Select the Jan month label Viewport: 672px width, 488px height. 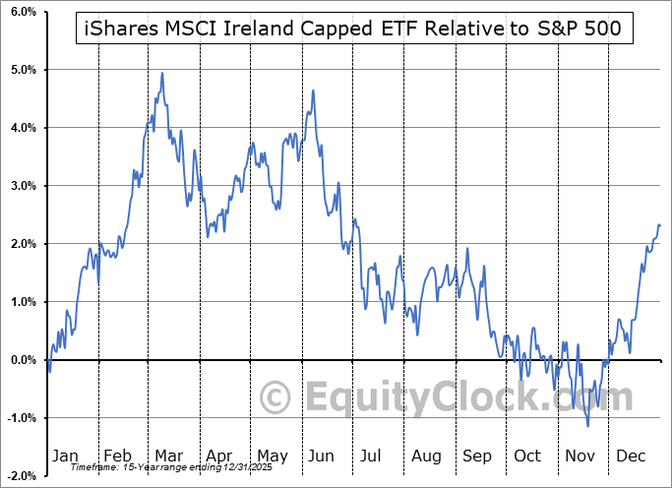pos(64,456)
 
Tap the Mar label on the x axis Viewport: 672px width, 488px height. pos(167,456)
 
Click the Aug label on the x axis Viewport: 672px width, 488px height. pos(428,456)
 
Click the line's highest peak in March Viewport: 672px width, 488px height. pos(161,73)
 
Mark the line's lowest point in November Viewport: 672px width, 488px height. pos(588,426)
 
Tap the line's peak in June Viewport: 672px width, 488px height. pos(313,91)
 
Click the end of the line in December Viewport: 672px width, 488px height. pos(660,226)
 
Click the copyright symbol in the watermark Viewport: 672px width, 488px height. pos(275,398)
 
